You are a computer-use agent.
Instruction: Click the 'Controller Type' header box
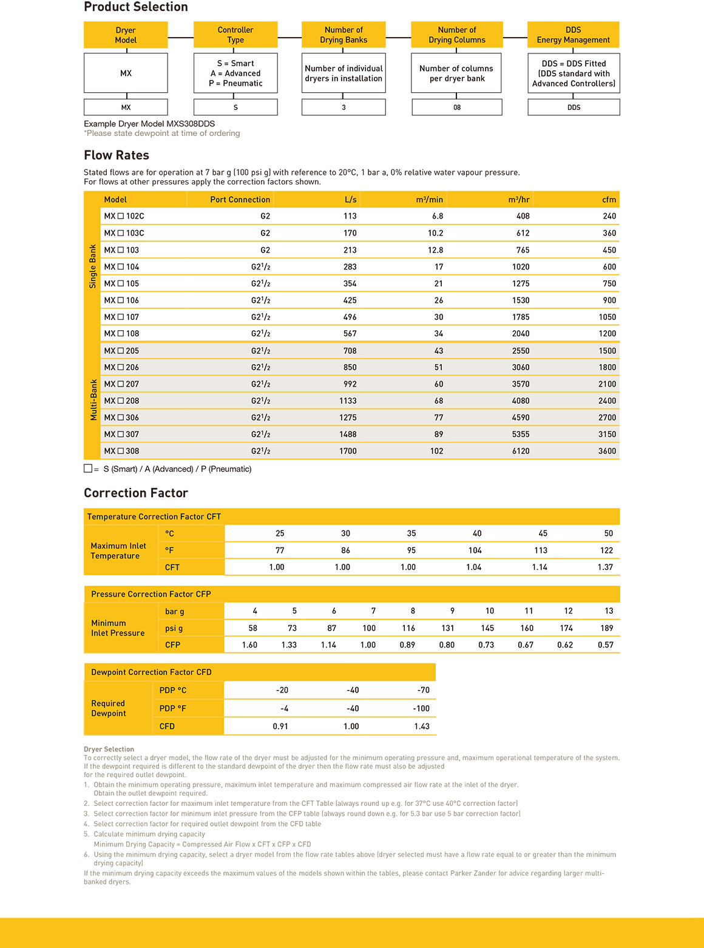click(x=235, y=35)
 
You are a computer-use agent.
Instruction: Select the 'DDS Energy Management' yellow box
click(x=573, y=35)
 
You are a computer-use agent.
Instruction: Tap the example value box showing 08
click(x=457, y=107)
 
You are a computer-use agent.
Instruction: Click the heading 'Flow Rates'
click(x=117, y=155)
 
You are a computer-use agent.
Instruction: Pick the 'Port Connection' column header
click(x=240, y=200)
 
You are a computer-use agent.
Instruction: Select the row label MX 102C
click(x=124, y=216)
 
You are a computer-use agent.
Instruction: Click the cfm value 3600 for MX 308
click(x=607, y=451)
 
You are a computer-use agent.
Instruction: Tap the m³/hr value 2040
click(x=521, y=334)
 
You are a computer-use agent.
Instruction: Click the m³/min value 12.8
click(x=435, y=250)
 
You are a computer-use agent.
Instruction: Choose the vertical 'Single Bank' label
click(x=93, y=266)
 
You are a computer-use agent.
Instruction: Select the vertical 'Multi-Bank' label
click(x=93, y=400)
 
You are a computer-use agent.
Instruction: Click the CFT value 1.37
click(x=605, y=567)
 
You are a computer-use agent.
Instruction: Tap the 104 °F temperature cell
click(x=475, y=550)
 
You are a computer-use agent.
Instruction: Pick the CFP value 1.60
click(x=249, y=645)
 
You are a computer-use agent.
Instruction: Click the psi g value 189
click(x=607, y=628)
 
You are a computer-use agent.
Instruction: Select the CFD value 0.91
click(x=280, y=726)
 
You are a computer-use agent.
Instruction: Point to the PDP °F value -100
click(x=421, y=708)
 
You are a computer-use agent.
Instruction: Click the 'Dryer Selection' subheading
click(x=109, y=750)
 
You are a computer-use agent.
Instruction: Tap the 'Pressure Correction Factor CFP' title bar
click(x=151, y=594)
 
